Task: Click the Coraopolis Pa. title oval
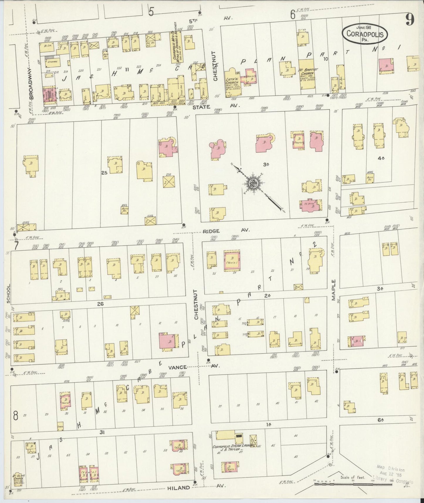tap(365, 33)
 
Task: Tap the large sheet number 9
tap(410, 20)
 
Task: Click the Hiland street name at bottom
tap(179, 488)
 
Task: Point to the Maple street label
tap(334, 290)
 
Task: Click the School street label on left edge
tap(9, 293)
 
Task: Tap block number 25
tap(104, 173)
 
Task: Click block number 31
tap(102, 432)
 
